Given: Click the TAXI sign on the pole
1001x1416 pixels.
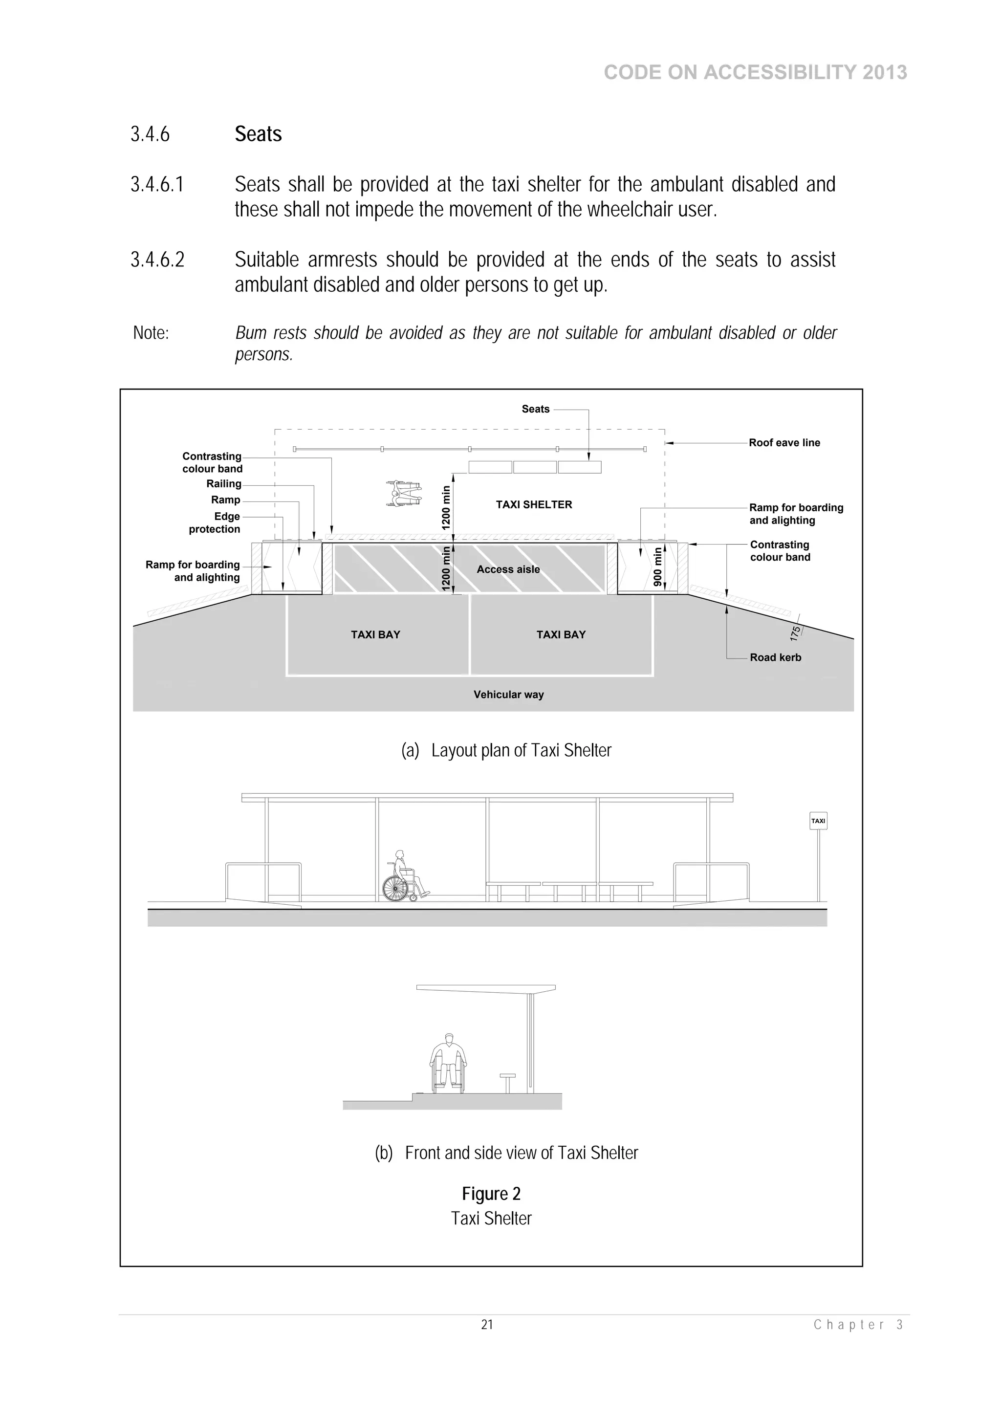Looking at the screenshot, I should (818, 821).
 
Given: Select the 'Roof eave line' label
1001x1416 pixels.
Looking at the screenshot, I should (784, 443).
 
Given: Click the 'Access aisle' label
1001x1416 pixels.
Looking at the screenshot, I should (508, 569).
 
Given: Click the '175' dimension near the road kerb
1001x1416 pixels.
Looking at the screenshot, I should (795, 632).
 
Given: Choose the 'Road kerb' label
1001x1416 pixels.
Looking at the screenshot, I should (775, 657).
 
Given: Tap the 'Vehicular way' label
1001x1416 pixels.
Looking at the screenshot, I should (508, 695).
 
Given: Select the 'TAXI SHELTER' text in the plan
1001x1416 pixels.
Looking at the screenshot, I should (534, 504).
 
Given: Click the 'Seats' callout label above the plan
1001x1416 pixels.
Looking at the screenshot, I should (535, 409).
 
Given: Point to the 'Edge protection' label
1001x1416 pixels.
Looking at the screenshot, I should (215, 523).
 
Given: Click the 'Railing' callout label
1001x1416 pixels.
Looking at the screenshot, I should (224, 483).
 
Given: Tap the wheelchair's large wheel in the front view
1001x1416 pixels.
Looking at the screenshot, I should (395, 889).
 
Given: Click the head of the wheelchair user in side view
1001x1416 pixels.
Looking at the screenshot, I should (450, 1038).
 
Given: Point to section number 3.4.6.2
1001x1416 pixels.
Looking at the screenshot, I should (157, 260).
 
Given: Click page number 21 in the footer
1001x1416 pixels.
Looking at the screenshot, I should (487, 1325).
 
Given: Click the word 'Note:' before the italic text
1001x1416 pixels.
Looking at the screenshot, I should (151, 333).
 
